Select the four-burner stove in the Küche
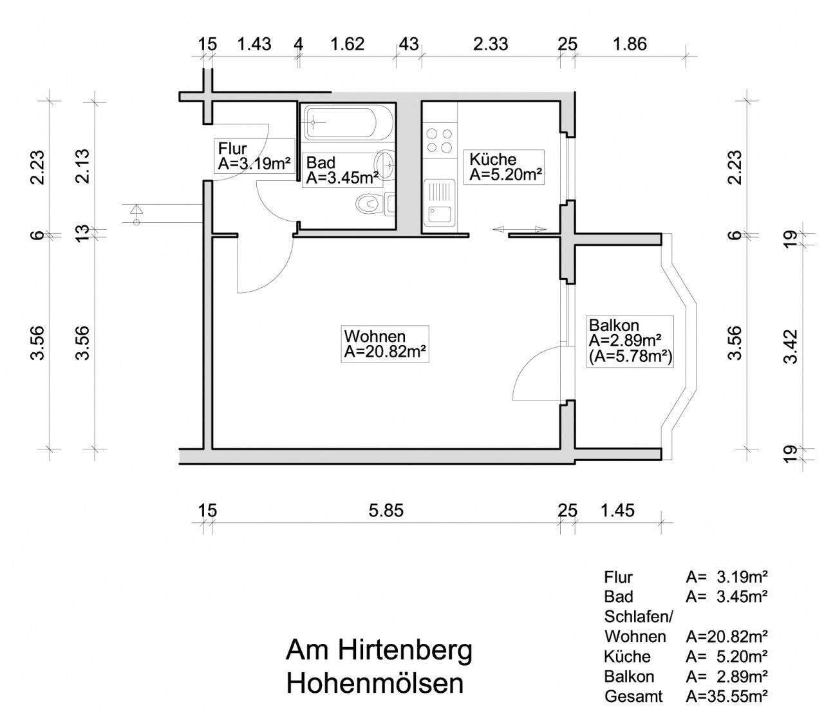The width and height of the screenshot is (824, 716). coord(439,140)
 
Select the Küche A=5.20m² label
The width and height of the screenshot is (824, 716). coord(505,167)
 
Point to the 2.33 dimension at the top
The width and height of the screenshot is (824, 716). coord(490,44)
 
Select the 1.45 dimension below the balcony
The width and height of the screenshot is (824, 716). coord(617,511)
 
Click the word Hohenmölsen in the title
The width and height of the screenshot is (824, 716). coord(375,683)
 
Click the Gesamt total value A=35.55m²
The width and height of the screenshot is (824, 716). coord(727,696)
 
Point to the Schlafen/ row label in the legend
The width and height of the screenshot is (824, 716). coord(638,616)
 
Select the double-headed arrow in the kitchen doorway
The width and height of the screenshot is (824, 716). coord(519,229)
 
